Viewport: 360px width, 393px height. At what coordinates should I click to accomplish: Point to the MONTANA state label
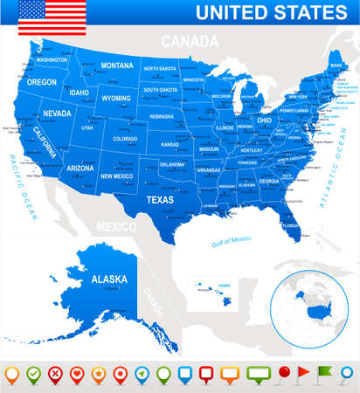click(117, 65)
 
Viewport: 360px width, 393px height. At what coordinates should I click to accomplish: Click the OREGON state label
click(41, 81)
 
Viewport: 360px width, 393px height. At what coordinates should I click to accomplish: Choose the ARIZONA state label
click(80, 168)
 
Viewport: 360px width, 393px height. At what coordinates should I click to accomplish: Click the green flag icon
click(324, 374)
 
